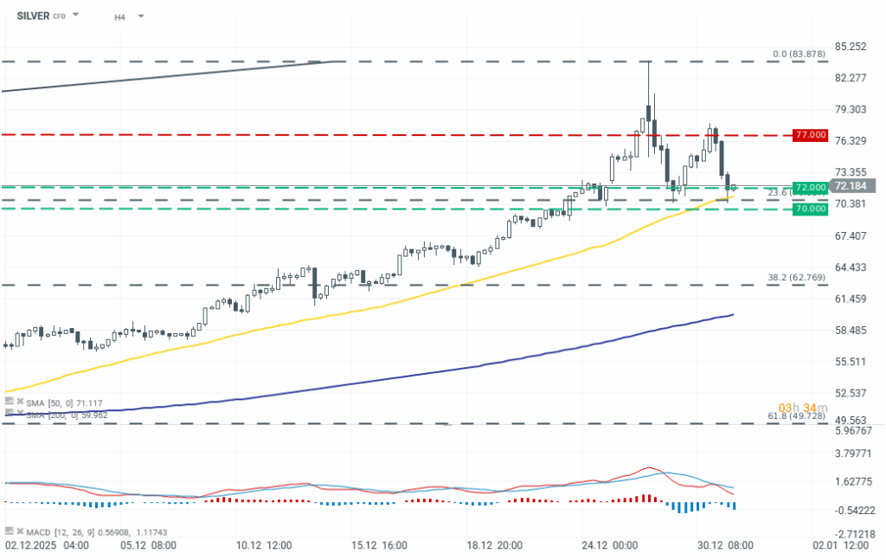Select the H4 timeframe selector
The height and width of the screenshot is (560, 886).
coord(119,16)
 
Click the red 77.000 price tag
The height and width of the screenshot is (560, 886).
coord(810,136)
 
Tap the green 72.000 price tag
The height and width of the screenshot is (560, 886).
coord(810,188)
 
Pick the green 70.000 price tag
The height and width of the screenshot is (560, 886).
coord(810,209)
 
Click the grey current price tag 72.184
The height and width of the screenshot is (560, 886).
coord(853,185)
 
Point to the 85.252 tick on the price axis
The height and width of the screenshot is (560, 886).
coord(851,46)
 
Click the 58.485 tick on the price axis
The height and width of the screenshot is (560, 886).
coord(851,331)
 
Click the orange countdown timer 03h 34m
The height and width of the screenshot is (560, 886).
coord(796,408)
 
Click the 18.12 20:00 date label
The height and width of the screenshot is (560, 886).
coord(493,546)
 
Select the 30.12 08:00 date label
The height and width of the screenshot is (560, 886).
coord(724,546)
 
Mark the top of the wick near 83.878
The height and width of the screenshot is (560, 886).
coord(649,62)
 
